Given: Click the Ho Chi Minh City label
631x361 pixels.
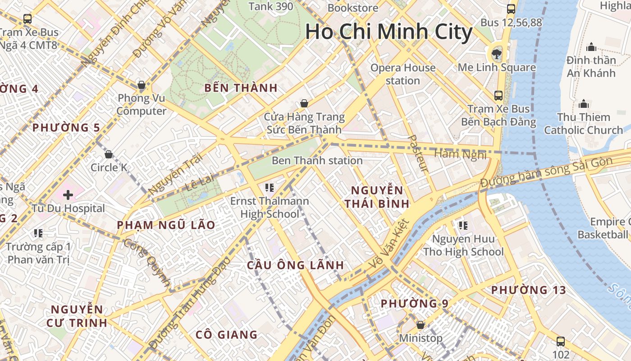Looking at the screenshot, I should (389, 32).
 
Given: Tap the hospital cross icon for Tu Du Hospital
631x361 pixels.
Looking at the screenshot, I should (68, 195).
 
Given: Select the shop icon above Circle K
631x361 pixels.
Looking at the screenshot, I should (109, 154).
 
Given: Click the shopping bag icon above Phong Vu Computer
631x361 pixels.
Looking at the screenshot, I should (142, 85).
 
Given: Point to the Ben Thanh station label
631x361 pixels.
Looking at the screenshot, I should (317, 161).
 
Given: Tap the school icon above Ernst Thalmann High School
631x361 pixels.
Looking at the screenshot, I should (270, 187).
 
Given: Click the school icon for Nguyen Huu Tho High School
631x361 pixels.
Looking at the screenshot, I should (463, 225).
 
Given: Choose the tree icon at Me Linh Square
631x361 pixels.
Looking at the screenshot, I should (497, 54).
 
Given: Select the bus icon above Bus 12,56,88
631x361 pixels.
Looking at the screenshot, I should (511, 9).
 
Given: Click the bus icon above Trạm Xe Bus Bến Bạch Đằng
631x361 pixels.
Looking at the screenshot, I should (498, 95).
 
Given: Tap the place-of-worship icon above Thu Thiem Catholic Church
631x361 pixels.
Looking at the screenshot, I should (584, 104).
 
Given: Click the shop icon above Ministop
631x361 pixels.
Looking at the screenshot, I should (421, 324).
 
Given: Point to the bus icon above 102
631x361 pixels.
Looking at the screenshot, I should (561, 341).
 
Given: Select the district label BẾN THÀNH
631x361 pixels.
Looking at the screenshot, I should (241, 88).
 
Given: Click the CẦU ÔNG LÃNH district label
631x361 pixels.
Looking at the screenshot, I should (295, 265).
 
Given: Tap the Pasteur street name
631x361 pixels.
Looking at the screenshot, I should (417, 153).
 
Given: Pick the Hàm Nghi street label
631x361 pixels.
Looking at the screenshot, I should (460, 154).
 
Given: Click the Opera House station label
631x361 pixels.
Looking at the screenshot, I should (403, 74).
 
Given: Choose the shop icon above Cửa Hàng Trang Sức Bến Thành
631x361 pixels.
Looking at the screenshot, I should (304, 103).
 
